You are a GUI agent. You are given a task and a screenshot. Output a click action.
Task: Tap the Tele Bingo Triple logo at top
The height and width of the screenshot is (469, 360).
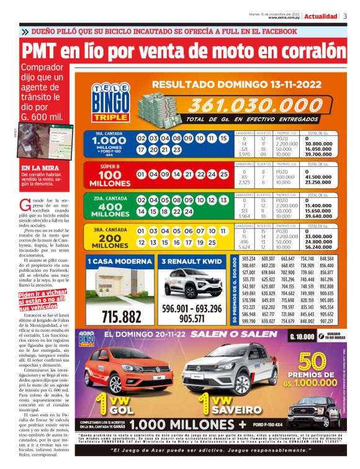pyautogui.click(x=109, y=102)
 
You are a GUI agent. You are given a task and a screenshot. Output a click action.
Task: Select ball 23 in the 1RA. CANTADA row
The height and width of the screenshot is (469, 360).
pyautogui.click(x=176, y=150)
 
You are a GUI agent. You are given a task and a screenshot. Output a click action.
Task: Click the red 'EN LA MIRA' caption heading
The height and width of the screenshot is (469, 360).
pyautogui.click(x=38, y=168)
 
